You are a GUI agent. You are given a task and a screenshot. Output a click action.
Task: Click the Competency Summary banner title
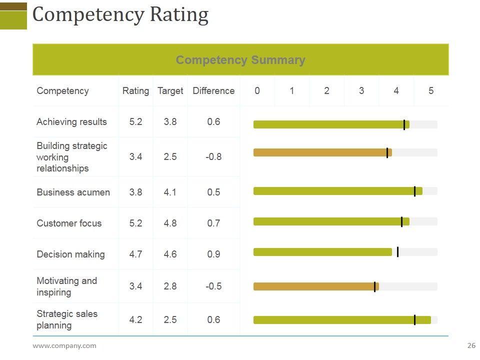[x=240, y=60]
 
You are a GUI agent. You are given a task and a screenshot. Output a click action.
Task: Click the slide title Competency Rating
[x=120, y=15]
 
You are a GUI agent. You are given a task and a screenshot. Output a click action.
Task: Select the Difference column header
[x=213, y=91]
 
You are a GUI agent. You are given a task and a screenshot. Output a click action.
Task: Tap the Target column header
[x=170, y=91]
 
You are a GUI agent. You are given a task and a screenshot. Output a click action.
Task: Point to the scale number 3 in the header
[x=361, y=91]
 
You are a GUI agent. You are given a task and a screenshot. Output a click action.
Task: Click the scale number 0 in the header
[x=257, y=91]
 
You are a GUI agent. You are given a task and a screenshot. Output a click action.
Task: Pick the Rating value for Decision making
[x=135, y=254]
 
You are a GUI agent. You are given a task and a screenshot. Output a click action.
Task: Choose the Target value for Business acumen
[x=170, y=192]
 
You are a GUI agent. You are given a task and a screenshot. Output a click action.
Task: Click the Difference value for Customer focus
[x=213, y=223]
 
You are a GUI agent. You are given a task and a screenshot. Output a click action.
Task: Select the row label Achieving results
[x=71, y=122]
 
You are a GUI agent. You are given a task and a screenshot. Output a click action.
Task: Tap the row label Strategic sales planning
[x=67, y=319]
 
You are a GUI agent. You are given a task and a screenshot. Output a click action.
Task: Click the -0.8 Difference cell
[x=213, y=157]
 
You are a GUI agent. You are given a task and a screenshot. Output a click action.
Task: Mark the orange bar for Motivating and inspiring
[x=315, y=286]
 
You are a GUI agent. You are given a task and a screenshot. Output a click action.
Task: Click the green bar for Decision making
[x=322, y=252]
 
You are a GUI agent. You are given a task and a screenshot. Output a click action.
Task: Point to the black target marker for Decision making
[x=397, y=252]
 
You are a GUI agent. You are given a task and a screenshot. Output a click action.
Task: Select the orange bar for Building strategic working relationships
[x=320, y=152]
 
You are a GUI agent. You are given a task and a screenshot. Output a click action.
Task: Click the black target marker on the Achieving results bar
[x=404, y=124]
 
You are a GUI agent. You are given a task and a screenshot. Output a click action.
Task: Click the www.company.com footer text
[x=64, y=345]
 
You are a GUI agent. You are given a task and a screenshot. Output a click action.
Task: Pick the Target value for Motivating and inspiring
[x=170, y=286]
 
